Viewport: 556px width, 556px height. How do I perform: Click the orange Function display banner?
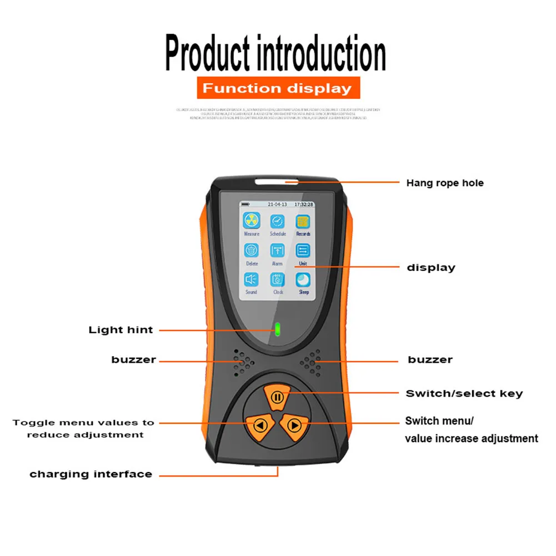(x=278, y=88)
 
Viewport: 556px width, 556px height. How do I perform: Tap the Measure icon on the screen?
(x=252, y=221)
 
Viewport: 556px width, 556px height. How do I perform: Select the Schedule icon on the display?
(x=278, y=221)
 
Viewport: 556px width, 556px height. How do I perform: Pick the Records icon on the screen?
(x=303, y=221)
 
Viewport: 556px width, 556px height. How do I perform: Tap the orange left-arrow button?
(x=258, y=426)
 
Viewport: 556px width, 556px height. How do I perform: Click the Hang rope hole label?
(x=445, y=183)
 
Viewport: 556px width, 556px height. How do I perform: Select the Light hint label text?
(x=121, y=330)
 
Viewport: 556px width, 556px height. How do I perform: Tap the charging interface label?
(x=91, y=474)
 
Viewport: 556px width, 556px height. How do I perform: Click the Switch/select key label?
(x=464, y=394)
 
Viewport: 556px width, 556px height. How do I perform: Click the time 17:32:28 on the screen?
(x=304, y=204)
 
